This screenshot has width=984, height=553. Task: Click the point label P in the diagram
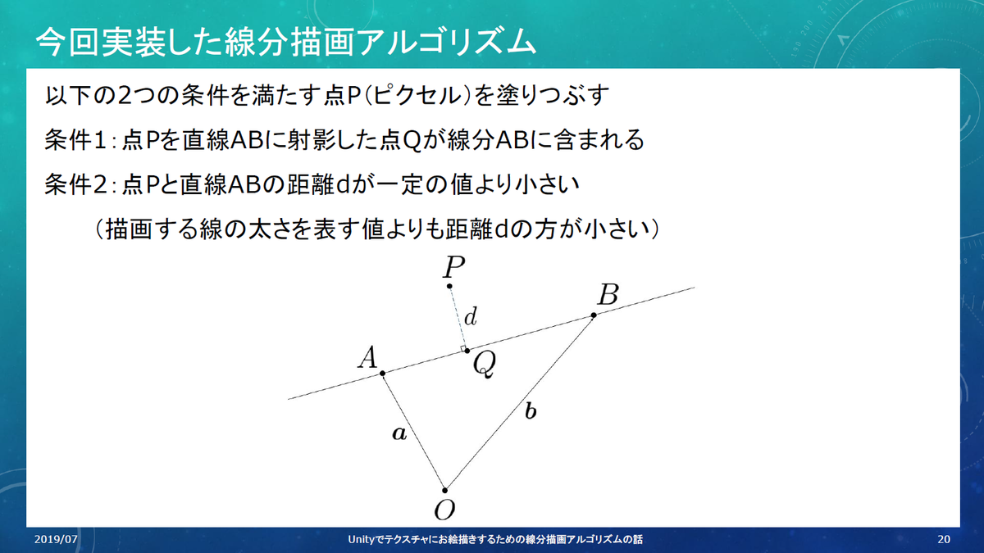coord(453,267)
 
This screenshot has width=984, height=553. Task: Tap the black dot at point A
coord(383,374)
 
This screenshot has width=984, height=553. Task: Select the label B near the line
coord(608,294)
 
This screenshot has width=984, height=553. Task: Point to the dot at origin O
coord(444,490)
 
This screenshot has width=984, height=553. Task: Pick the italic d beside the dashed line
coord(471,316)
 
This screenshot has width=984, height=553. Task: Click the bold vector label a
coord(399,433)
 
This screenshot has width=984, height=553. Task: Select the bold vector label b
coord(531,411)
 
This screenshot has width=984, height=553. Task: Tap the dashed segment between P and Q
coord(458,318)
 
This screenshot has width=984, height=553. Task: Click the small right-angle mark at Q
coord(462,349)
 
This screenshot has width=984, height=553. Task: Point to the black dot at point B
coord(594,315)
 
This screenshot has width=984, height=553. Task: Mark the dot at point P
coord(449,286)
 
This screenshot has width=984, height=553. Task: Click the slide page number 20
coord(944,539)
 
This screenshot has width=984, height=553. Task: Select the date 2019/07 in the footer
coord(56,539)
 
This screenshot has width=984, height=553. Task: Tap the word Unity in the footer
coord(362,540)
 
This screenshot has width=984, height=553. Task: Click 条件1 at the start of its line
coord(75,140)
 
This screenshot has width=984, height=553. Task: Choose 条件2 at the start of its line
coord(75,185)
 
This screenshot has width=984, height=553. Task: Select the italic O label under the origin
coord(444,510)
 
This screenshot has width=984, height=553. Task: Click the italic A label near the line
coord(367,357)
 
